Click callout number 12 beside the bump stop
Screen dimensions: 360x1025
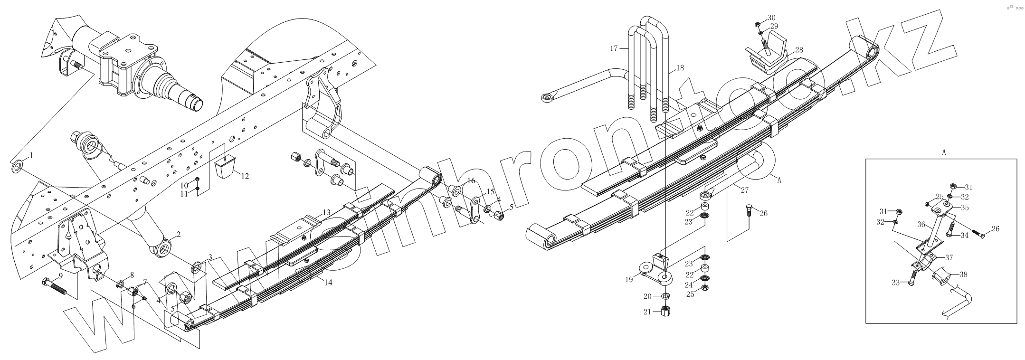tap(245, 177)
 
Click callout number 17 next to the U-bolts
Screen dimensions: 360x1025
tap(613, 48)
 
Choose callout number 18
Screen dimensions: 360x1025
tap(680, 68)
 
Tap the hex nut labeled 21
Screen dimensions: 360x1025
tap(666, 313)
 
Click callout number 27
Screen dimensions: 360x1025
tap(744, 189)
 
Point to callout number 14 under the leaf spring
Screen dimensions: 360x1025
tap(328, 282)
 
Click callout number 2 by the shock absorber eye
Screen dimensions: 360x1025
tap(178, 235)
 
